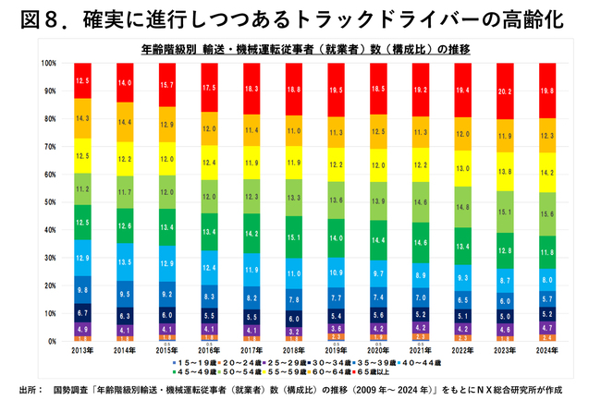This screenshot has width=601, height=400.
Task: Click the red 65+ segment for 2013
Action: click(x=82, y=80)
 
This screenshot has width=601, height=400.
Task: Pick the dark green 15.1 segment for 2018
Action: click(x=294, y=236)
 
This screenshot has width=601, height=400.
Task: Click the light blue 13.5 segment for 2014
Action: click(x=124, y=261)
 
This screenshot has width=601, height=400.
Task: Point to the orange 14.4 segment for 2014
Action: click(x=124, y=122)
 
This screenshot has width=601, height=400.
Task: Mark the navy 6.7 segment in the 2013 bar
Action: click(x=82, y=314)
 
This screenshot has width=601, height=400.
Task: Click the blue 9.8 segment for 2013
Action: click(x=82, y=289)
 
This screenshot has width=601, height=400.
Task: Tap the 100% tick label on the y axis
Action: click(x=48, y=64)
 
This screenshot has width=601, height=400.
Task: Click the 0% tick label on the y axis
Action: click(x=53, y=341)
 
